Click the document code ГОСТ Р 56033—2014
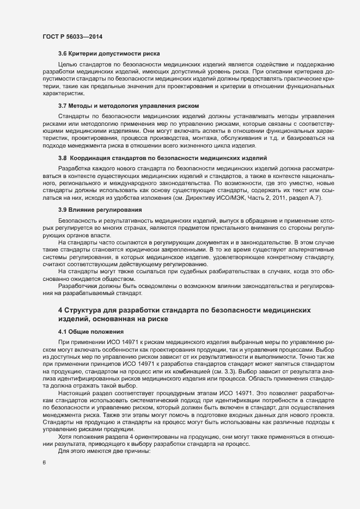tap(72, 36)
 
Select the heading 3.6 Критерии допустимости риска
tap(108, 54)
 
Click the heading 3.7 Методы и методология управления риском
tap(128, 105)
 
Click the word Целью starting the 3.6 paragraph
tap(68, 64)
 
